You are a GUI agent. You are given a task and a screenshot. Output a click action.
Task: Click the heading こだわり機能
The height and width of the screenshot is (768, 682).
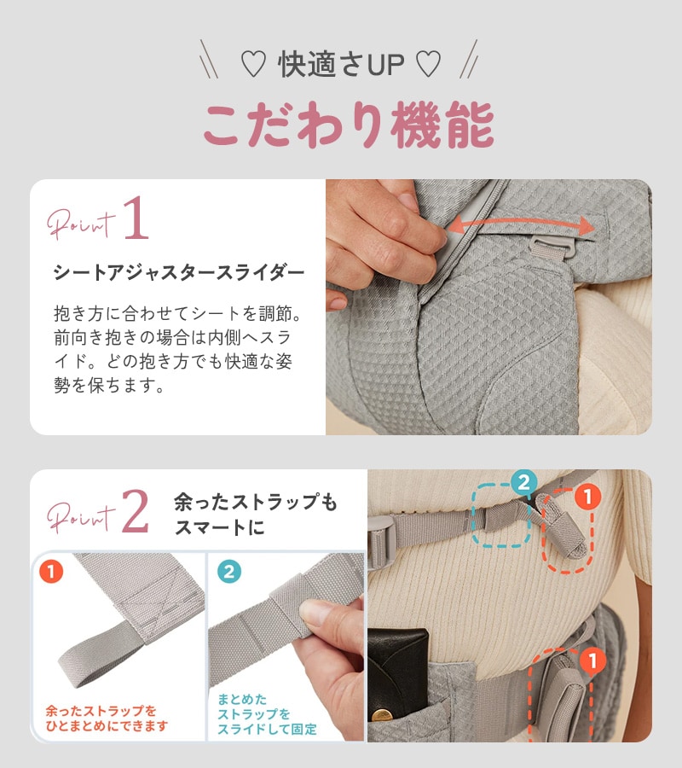pyautogui.click(x=348, y=125)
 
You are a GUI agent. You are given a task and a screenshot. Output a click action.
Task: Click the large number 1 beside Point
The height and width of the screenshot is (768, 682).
pyautogui.click(x=136, y=219)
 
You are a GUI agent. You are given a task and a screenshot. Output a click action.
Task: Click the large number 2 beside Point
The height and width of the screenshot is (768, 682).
pyautogui.click(x=136, y=511)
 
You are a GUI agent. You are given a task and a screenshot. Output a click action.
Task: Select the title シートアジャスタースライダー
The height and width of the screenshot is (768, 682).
pyautogui.click(x=178, y=273)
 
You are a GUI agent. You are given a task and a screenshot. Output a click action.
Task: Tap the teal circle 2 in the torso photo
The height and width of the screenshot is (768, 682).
pyautogui.click(x=524, y=482)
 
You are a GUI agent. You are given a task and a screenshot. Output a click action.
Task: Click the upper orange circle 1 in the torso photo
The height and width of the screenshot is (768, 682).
pyautogui.click(x=587, y=496)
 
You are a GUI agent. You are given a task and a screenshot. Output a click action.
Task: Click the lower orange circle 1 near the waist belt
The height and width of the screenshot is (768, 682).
pyautogui.click(x=588, y=660)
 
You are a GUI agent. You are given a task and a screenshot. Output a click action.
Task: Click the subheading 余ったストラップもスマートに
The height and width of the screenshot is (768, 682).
pyautogui.click(x=255, y=515)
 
